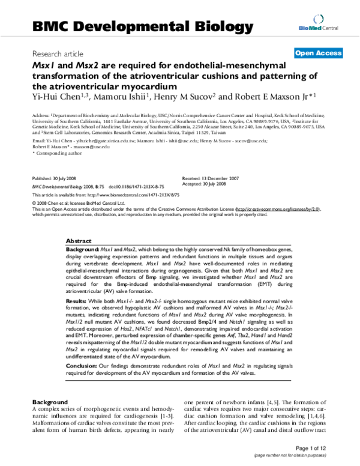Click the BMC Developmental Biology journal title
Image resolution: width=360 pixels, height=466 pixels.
[x=139, y=26]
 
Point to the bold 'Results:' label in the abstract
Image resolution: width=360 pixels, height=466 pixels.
[x=77, y=298]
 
